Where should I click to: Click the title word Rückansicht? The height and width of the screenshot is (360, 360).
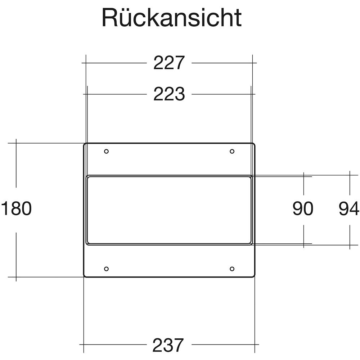(x=172, y=17)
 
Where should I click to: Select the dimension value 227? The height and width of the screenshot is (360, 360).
(x=169, y=63)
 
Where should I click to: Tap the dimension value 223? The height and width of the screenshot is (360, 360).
(x=169, y=94)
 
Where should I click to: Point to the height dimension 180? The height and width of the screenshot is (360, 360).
(x=17, y=209)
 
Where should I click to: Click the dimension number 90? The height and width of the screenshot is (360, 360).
(x=303, y=209)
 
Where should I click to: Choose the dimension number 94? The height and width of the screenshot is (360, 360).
(x=349, y=209)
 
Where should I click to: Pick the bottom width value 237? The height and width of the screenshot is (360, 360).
(x=168, y=345)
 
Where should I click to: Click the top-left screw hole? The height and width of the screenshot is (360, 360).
(x=106, y=151)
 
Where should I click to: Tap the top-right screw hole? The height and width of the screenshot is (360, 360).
(x=232, y=151)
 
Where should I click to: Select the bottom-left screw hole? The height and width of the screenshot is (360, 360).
(x=106, y=269)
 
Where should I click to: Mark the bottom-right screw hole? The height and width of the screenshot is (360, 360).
(x=232, y=269)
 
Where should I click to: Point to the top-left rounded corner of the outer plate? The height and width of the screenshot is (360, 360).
(x=85, y=145)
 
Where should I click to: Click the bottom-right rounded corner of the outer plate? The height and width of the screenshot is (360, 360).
(x=253, y=275)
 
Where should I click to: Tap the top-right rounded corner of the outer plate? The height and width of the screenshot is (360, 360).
(x=253, y=145)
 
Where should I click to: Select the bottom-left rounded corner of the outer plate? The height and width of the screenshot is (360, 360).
(x=85, y=275)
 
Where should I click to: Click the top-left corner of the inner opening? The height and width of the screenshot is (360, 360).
(x=87, y=177)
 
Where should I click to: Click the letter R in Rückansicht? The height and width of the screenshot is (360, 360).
(x=109, y=17)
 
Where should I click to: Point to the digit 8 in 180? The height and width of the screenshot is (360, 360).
(x=16, y=209)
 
